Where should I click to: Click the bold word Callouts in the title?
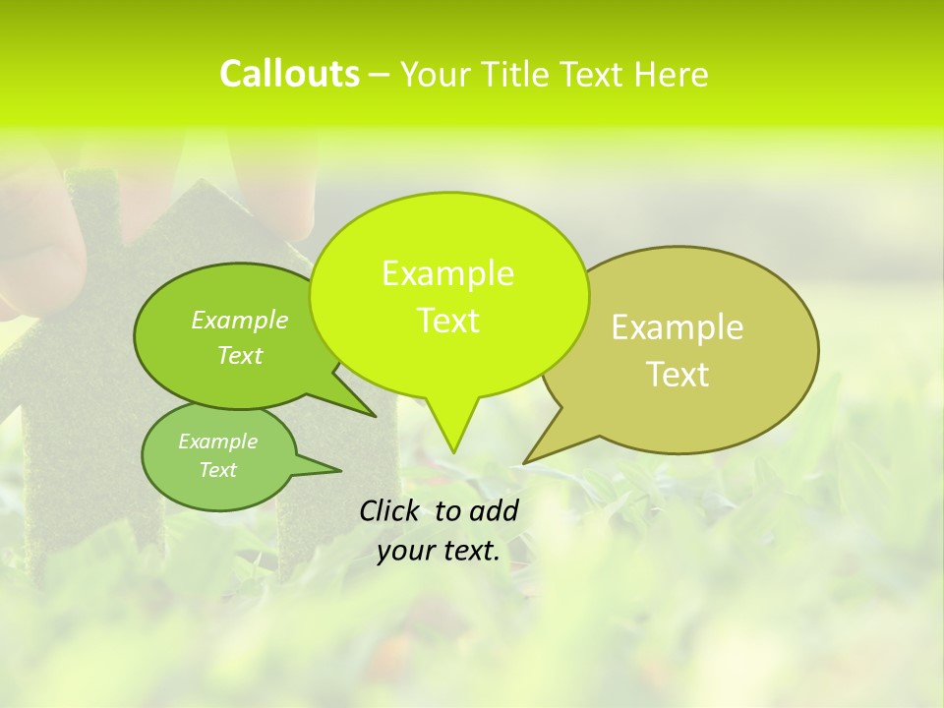[x=289, y=74]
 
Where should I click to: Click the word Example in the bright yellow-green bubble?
[x=447, y=273]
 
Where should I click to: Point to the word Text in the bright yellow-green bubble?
[x=447, y=321]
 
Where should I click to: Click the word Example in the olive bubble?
[x=678, y=327]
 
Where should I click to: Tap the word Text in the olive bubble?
[x=678, y=375]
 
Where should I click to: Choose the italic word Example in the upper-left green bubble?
[x=240, y=320]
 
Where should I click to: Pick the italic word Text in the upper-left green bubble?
[x=240, y=355]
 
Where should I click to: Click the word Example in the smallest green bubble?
[x=217, y=442]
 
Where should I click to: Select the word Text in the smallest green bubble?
[x=217, y=470]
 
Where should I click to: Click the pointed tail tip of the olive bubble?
[x=524, y=462]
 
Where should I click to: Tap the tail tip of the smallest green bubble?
[x=340, y=470]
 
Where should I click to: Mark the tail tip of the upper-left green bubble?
[x=375, y=416]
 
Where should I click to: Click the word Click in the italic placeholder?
[x=391, y=510]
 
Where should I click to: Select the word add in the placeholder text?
[x=494, y=510]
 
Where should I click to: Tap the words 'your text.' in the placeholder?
[x=439, y=551]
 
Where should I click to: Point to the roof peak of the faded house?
[x=201, y=180]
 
